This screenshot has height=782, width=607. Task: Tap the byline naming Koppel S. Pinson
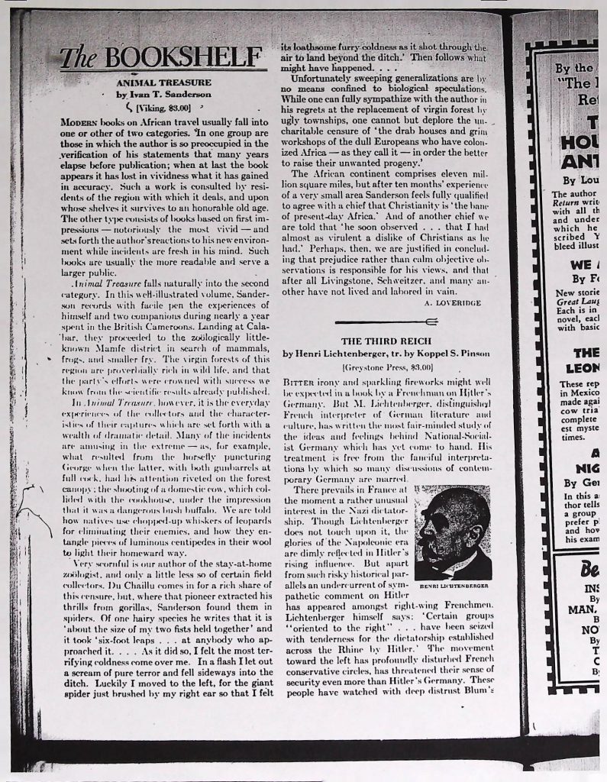[x=385, y=354]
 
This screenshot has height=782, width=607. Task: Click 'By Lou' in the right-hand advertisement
[x=577, y=181]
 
